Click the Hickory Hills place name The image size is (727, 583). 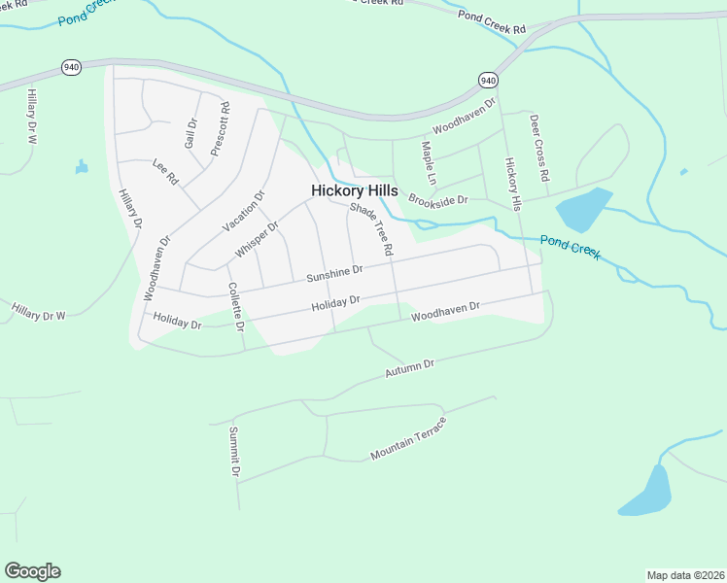pos(354,191)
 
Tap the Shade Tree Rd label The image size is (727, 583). pos(371,229)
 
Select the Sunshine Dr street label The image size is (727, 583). pos(334,274)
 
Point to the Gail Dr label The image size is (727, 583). pos(191,136)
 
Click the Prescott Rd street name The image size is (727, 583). pos(220,130)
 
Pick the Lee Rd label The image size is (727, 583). pos(166,173)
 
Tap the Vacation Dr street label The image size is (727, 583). pos(244,211)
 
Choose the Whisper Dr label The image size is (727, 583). pos(257,239)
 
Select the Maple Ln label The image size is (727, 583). pos(428,163)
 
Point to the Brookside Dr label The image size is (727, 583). pos(438,200)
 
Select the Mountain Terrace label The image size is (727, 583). pos(408,439)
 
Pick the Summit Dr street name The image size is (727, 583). pos(234,452)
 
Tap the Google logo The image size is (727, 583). pos(32,571)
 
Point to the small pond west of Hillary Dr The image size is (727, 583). pos(81,167)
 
